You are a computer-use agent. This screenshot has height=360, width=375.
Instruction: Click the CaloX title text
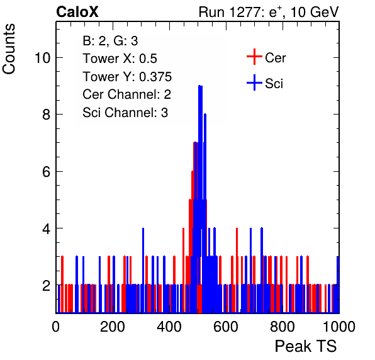click(x=77, y=12)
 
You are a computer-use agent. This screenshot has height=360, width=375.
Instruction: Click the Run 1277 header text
click(x=269, y=12)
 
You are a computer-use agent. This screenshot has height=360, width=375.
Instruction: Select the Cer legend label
click(x=275, y=58)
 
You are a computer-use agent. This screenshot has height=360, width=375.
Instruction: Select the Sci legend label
click(x=274, y=84)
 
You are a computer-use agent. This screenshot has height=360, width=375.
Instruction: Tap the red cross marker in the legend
click(x=254, y=57)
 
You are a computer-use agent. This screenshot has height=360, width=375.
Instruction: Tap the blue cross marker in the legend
click(x=254, y=83)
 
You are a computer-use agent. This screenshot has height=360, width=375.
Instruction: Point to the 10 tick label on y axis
click(x=43, y=58)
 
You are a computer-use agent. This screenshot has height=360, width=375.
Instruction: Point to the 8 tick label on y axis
click(x=47, y=115)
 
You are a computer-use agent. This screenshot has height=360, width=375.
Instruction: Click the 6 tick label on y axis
click(x=47, y=172)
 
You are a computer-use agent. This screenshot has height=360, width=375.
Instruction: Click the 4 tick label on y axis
click(x=47, y=228)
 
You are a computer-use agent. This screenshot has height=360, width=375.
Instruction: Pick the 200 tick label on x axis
click(x=113, y=327)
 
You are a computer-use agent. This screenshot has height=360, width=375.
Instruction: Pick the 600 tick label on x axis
click(x=226, y=327)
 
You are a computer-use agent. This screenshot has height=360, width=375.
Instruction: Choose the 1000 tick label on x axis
click(x=339, y=327)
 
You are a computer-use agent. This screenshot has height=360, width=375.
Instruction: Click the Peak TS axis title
click(x=306, y=346)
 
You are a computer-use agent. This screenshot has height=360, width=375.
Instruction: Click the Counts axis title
click(x=9, y=49)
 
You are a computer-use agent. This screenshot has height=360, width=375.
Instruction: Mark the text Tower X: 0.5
click(x=120, y=59)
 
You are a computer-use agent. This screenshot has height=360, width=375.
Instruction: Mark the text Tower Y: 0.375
click(x=127, y=77)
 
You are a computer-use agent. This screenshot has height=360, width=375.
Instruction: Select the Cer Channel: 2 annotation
click(x=126, y=94)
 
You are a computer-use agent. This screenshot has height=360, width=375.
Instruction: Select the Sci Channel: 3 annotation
click(x=125, y=113)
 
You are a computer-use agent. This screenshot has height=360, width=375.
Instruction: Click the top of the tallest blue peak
click(x=201, y=86)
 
